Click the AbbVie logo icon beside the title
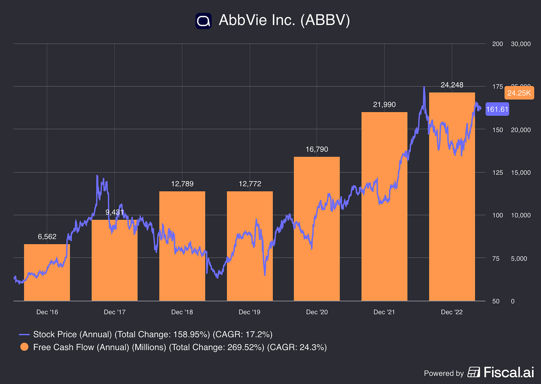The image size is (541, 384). tap(203, 21)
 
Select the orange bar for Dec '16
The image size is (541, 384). tap(47, 272)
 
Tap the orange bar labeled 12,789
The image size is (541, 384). tap(182, 246)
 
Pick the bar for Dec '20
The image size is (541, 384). tap(317, 229)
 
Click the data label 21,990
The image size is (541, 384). tap(384, 105)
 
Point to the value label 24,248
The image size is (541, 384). tap(452, 85)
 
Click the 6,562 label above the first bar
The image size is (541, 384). tap(47, 237)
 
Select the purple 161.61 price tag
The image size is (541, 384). tap(497, 109)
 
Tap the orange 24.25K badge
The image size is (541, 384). tap(519, 93)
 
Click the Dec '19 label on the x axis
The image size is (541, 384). tap(249, 312)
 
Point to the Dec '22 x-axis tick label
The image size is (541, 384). tap(452, 312)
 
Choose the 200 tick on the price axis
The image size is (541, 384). tap(498, 44)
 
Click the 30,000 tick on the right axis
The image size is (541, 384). tap(521, 44)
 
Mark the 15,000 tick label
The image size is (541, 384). tap(521, 173)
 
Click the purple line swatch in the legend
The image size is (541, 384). tap(24, 335)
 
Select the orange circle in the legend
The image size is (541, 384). tap(24, 347)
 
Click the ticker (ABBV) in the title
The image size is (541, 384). tap(325, 20)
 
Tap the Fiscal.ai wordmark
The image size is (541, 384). tap(509, 372)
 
